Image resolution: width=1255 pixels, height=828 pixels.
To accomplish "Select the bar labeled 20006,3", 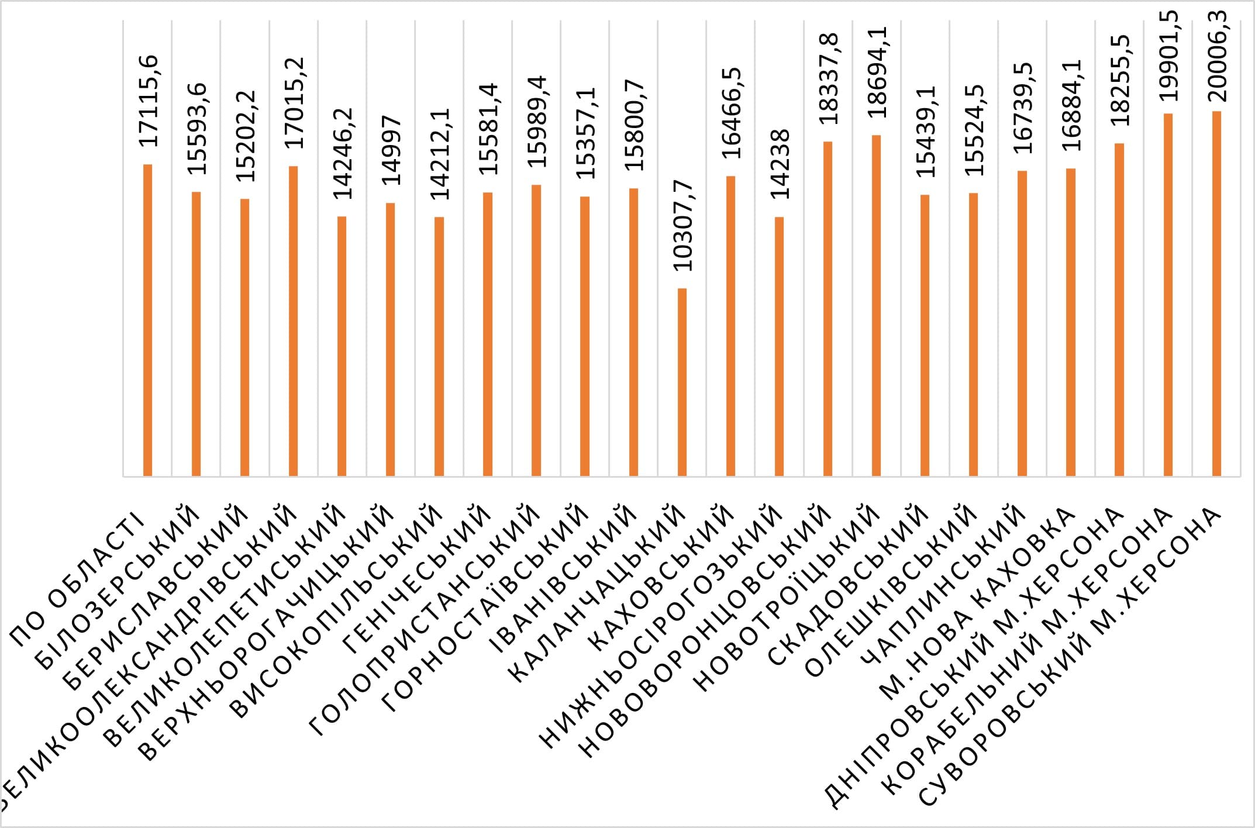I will (1216, 293).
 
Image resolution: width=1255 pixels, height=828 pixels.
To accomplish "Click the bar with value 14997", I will (390, 339).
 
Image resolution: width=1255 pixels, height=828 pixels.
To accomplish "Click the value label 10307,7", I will (682, 226).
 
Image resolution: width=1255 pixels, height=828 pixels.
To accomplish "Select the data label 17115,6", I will (148, 101).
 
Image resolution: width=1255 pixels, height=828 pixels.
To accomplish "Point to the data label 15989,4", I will (536, 122).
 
